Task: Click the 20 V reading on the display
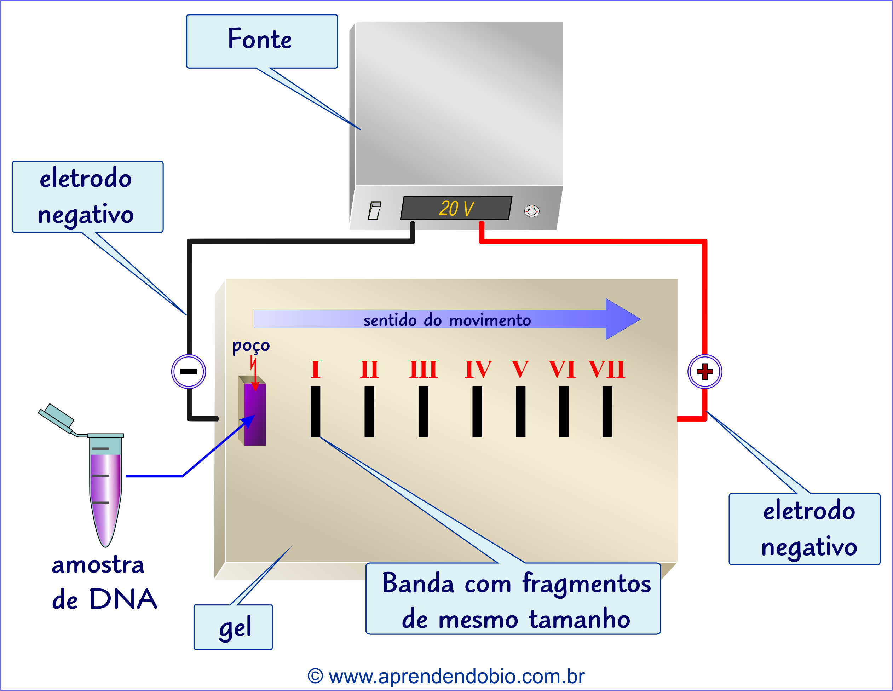pos(456,208)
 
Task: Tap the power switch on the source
pos(375,210)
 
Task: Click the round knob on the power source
pos(531,211)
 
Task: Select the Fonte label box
pos(262,41)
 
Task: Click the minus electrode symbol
pos(189,371)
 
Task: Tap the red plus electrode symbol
pos(704,371)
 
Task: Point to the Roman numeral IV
pos(478,370)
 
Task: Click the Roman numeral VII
pos(606,370)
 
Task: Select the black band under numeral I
pos(315,412)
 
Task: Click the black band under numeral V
pos(520,412)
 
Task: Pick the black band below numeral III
pos(423,412)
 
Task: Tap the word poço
pos(251,346)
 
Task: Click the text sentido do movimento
pos(447,320)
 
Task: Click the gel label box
pos(233,627)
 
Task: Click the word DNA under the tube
pos(123,599)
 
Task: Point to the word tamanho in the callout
pos(580,619)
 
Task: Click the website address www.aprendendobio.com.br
pos(456,676)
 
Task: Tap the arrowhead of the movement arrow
pos(622,319)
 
